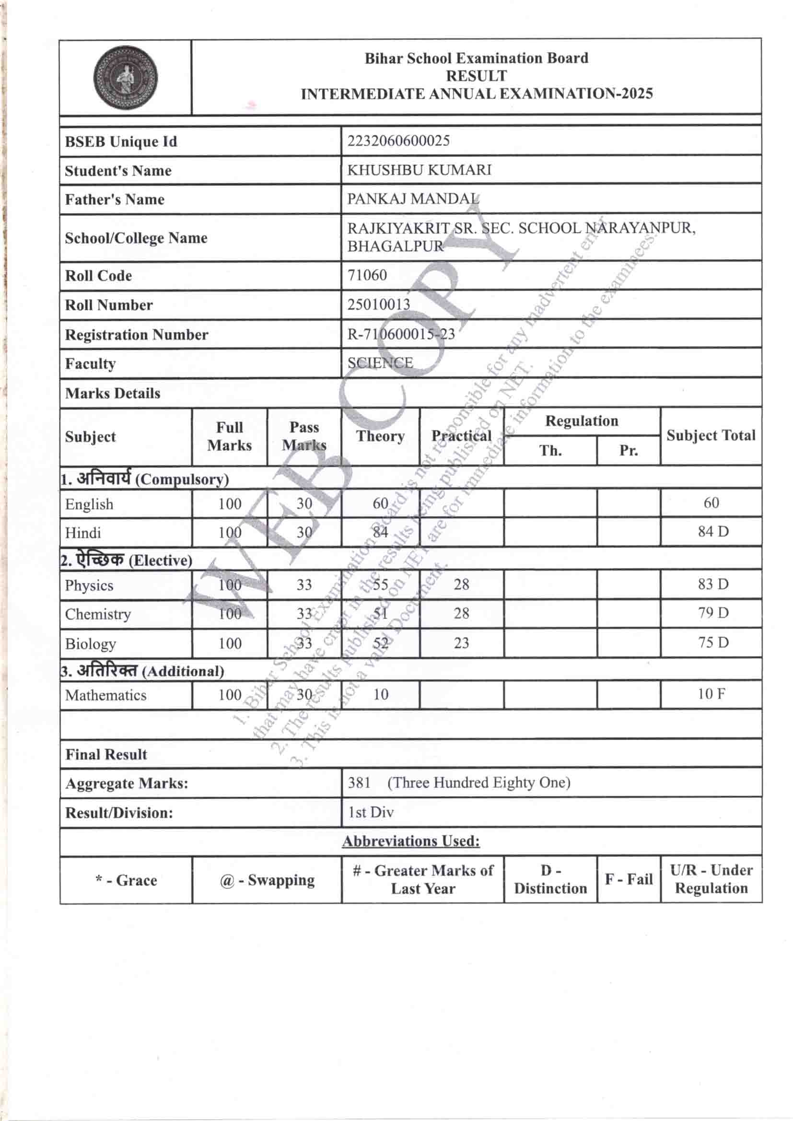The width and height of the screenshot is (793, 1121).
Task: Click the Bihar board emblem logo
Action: [x=126, y=78]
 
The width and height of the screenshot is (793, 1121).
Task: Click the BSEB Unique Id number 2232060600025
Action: [x=398, y=141]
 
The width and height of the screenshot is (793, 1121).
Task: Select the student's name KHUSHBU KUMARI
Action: [x=419, y=170]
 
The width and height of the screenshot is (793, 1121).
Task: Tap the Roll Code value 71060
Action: [x=367, y=275]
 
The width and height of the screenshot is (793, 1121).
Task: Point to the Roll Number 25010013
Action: [x=378, y=304]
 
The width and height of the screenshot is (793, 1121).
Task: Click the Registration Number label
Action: [x=136, y=335]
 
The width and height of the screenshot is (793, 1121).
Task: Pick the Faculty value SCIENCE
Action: [x=380, y=363]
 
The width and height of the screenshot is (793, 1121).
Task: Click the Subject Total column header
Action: [x=711, y=435]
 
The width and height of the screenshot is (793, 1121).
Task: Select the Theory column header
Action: [x=380, y=436]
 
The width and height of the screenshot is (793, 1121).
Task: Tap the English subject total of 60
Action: [x=711, y=503]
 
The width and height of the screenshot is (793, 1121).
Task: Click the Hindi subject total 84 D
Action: [x=713, y=531]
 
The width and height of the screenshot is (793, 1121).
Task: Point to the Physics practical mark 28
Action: [x=461, y=584]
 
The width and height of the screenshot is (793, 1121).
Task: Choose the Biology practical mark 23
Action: [x=461, y=643]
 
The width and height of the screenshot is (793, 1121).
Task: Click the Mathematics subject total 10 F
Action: [x=711, y=694]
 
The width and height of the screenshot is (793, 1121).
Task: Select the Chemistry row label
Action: [x=98, y=614]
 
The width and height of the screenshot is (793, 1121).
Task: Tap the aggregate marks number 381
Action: [x=359, y=783]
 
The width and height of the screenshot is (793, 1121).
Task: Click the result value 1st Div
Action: [x=371, y=812]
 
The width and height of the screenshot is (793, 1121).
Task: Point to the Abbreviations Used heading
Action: [x=411, y=841]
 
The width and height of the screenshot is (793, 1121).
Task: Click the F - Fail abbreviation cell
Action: [x=629, y=879]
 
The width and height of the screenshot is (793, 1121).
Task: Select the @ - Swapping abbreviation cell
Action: [x=267, y=880]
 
